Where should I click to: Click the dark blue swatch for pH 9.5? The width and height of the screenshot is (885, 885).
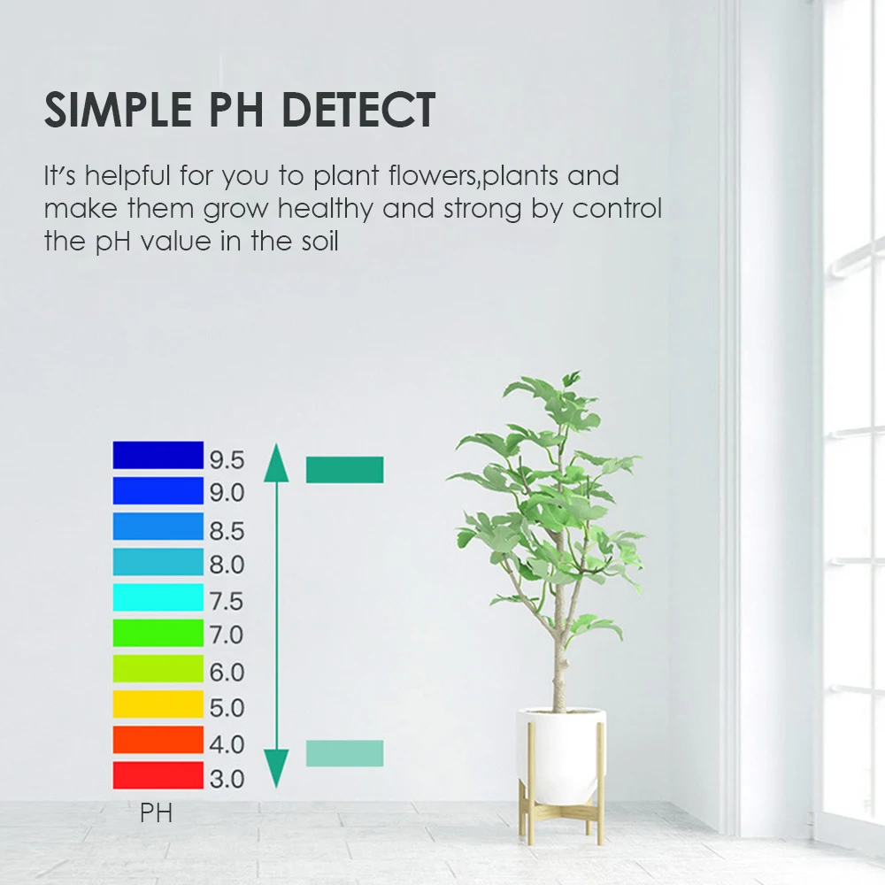tap(158, 455)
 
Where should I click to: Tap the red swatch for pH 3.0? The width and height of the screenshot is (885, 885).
tap(158, 775)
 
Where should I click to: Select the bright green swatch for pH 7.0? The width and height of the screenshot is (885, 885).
tap(158, 633)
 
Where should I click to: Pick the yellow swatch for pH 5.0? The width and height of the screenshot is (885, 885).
tap(158, 704)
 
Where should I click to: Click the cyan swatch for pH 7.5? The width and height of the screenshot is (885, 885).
tap(158, 597)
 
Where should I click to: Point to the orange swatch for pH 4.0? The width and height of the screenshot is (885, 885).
tap(158, 740)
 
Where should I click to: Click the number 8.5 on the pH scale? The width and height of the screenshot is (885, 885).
tap(227, 532)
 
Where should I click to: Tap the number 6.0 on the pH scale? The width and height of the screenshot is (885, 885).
tap(227, 673)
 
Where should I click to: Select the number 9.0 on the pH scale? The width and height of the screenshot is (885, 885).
tap(227, 493)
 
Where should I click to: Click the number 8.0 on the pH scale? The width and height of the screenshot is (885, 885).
tap(227, 565)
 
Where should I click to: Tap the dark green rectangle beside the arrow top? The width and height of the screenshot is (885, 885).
tap(344, 470)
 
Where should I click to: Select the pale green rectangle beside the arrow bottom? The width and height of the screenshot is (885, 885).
tap(344, 753)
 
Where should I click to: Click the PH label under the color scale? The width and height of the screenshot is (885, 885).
tap(156, 812)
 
